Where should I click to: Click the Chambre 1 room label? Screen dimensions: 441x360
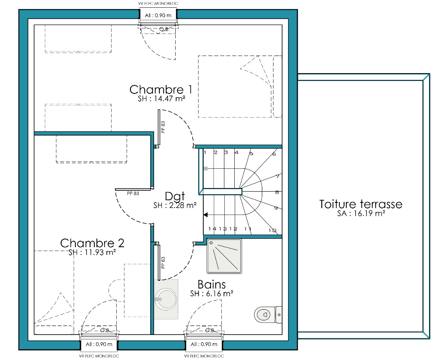161,90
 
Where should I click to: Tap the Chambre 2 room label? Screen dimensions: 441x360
92,243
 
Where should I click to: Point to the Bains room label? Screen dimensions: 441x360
211,285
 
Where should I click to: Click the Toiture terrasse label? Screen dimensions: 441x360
361,204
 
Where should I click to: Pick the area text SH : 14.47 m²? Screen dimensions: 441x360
161,99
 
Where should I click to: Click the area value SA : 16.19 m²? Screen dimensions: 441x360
361,214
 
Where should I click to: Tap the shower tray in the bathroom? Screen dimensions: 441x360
224,256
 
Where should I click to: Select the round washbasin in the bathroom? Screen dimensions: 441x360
166,299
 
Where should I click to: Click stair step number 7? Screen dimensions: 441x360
278,177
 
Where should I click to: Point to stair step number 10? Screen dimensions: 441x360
272,230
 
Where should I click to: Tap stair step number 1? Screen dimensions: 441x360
205,152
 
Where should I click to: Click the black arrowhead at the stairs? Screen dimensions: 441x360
205,215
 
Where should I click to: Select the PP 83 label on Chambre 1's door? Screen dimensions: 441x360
163,127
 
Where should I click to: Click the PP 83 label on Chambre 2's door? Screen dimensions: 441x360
133,193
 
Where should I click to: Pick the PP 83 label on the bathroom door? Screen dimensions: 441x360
163,263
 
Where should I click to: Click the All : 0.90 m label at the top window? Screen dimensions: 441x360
158,16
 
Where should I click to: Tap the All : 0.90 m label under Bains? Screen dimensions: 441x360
204,344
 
